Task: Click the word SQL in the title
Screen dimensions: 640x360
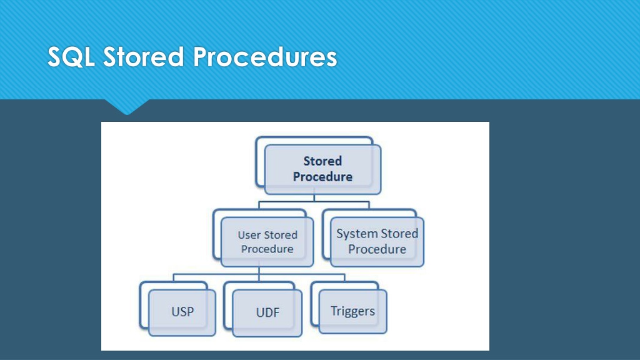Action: [x=71, y=56]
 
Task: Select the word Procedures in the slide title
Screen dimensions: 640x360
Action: [x=265, y=56]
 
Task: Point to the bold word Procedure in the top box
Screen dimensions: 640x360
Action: [x=322, y=177]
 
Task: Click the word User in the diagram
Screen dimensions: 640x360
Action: [x=248, y=235]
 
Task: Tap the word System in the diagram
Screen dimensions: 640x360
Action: [x=354, y=234]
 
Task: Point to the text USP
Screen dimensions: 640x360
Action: [x=182, y=312]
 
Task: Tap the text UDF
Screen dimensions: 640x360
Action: [x=267, y=312]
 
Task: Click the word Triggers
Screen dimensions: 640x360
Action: [x=352, y=311]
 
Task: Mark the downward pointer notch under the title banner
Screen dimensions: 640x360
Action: [x=127, y=107]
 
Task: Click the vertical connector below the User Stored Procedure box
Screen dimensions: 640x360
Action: [x=259, y=271]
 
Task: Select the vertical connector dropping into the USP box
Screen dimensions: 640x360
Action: [x=174, y=278]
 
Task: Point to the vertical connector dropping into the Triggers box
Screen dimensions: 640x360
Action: [x=345, y=278]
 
